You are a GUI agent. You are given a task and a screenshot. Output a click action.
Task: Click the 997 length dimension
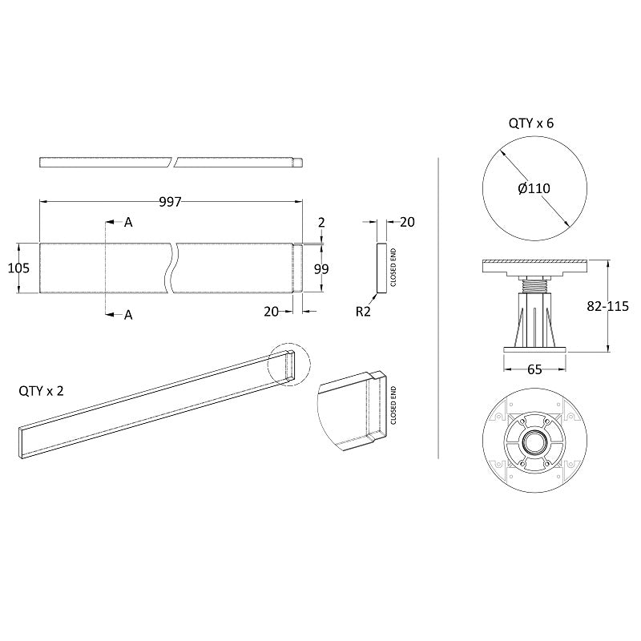pos(170,202)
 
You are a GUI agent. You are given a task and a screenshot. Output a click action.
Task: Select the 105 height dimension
pos(18,268)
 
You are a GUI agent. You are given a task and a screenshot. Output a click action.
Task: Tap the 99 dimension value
pos(321,269)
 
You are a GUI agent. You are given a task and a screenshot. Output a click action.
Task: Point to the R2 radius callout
pos(363,312)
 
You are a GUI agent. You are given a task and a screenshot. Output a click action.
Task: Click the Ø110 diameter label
pos(534,188)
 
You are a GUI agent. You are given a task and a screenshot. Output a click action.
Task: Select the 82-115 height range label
pos(608,306)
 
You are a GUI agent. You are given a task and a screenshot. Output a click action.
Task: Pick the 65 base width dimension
pos(534,369)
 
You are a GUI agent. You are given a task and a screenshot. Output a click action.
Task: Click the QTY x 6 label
pos(531,123)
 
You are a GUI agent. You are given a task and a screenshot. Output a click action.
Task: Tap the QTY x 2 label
pos(42,391)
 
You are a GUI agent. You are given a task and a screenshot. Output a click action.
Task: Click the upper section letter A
pos(128,223)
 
